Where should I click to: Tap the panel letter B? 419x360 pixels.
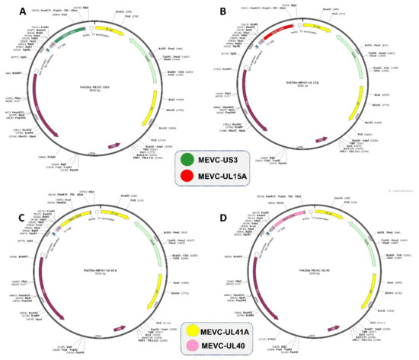coord(222,11)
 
